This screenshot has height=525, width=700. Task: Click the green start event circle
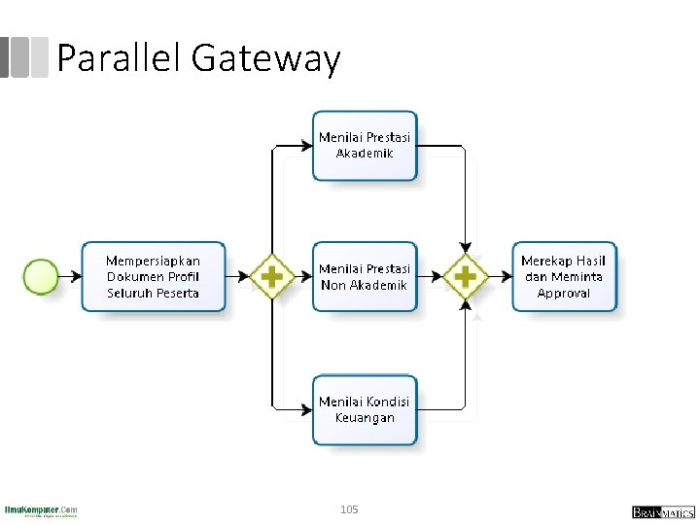coord(42,276)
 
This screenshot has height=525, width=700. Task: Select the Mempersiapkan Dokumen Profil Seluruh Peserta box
coord(154,277)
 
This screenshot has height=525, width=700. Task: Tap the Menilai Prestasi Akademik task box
coord(365,146)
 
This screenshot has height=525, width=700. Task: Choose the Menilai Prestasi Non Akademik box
coord(365,277)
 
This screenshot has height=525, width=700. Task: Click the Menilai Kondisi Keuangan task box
coord(365,409)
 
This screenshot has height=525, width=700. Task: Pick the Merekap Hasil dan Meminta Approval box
coord(564,277)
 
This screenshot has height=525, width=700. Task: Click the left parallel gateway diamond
coord(272,277)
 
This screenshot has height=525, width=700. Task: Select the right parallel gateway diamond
coord(466,277)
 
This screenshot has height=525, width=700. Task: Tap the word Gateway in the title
coord(266,60)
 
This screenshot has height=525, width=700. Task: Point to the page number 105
coord(350,509)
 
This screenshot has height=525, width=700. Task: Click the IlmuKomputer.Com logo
coord(41,510)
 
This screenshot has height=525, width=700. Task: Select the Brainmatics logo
coord(662,511)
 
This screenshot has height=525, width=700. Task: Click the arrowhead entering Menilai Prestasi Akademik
coord(306,146)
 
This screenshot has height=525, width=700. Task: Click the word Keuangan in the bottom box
coord(365,418)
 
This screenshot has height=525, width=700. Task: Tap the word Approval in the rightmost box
coord(564,294)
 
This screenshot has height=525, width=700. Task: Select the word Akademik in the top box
coord(365,154)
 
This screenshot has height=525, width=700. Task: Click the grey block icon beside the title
coord(23,57)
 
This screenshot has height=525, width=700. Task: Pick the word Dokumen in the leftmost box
coord(137,277)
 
